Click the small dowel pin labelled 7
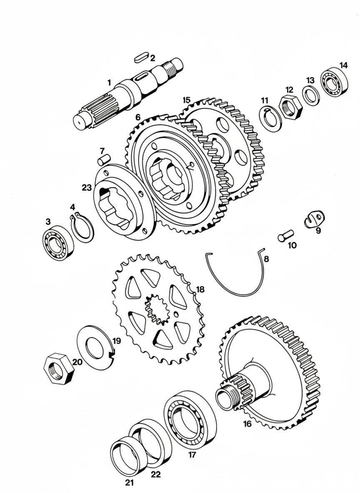103,159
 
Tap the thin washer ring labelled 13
310,94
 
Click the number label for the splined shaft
109,83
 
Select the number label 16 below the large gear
247,424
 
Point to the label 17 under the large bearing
192,455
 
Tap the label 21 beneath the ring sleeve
130,483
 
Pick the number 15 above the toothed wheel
186,100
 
